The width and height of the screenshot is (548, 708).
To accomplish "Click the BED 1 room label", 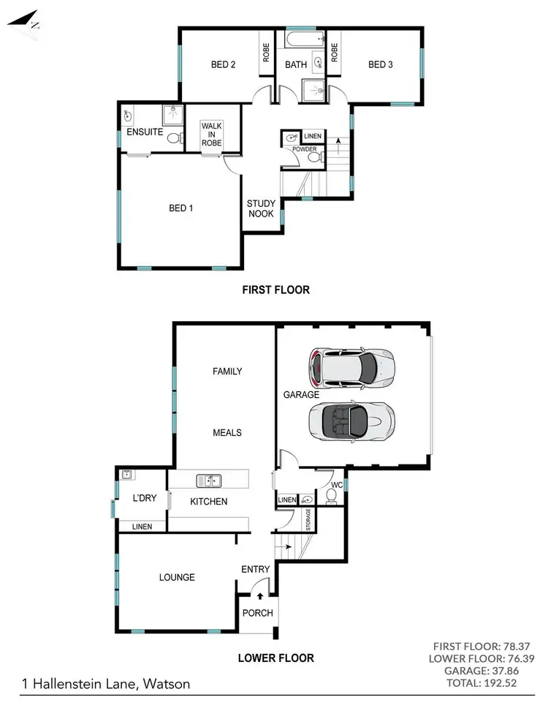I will [x=181, y=208].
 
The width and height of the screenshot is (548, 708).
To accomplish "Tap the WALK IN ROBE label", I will [x=212, y=134].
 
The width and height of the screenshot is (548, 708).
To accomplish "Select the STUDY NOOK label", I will [x=260, y=209].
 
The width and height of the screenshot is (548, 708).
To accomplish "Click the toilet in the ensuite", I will [x=173, y=138].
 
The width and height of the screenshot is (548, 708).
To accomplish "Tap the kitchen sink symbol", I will [x=208, y=481].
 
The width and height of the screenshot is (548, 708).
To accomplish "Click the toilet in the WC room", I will [x=331, y=497].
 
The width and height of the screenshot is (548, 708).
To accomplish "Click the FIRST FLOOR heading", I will [x=275, y=290].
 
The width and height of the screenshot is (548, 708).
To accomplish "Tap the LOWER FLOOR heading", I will [x=275, y=658].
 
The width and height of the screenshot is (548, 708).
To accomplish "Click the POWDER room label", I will [x=304, y=149].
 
